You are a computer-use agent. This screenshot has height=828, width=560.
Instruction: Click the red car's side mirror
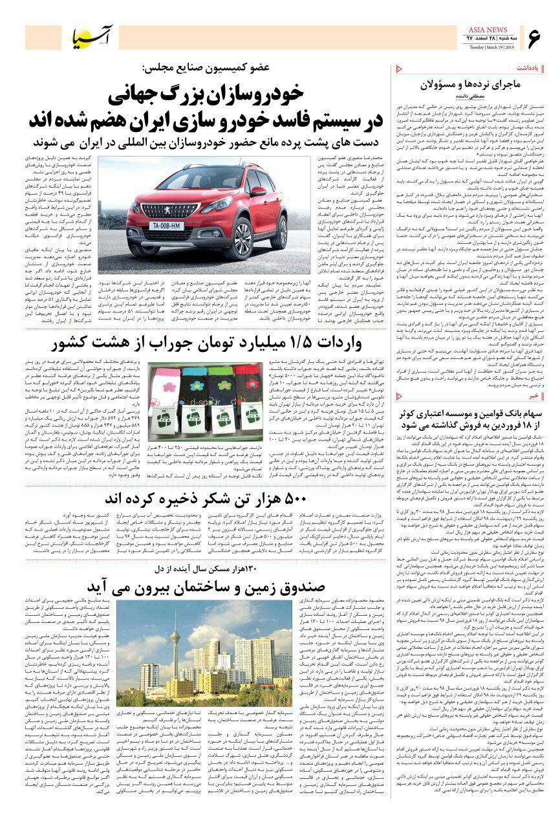pos(258,192)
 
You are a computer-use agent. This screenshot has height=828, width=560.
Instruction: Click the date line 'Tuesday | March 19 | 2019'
pos(491,47)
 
